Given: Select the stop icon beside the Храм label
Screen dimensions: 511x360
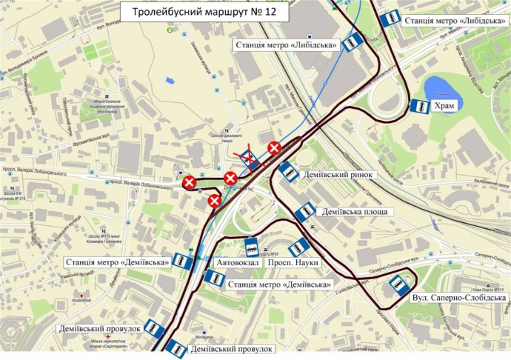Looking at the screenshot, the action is (x=419, y=107).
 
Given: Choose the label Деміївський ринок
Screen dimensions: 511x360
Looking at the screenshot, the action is (x=338, y=176).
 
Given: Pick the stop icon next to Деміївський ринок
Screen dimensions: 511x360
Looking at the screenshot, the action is (x=288, y=172).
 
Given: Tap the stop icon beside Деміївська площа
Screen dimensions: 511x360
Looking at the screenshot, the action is (x=304, y=213).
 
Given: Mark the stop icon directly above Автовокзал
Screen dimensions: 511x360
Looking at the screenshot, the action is (x=252, y=245).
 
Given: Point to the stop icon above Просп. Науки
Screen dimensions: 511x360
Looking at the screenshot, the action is (x=298, y=247).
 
